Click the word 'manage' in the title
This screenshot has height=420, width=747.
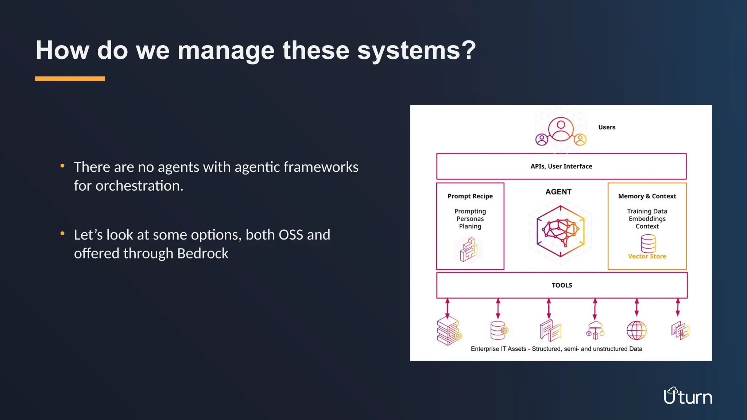pos(226,51)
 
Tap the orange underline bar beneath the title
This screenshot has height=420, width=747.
pos(70,79)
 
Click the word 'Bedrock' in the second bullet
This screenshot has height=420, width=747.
pos(202,253)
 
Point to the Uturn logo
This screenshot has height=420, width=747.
pos(688,396)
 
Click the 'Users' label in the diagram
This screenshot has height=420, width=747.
pos(607,127)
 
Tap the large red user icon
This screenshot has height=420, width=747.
pos(561,129)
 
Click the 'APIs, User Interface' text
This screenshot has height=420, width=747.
pos(561,166)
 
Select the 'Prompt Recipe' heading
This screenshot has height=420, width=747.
pos(470,196)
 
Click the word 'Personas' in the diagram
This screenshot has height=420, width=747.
pos(470,219)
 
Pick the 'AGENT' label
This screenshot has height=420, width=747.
pos(558,192)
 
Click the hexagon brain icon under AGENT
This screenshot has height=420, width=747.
pos(560,231)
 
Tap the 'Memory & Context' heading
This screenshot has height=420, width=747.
pos(647,196)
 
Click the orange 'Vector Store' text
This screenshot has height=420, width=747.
pos(647,256)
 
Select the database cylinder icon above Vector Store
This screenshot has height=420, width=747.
pos(648,243)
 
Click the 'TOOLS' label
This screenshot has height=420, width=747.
pos(562,285)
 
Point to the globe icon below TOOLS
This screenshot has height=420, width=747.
pos(636,330)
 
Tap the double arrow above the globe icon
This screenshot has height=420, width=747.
pos(636,307)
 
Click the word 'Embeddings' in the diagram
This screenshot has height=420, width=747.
pos(647,219)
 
